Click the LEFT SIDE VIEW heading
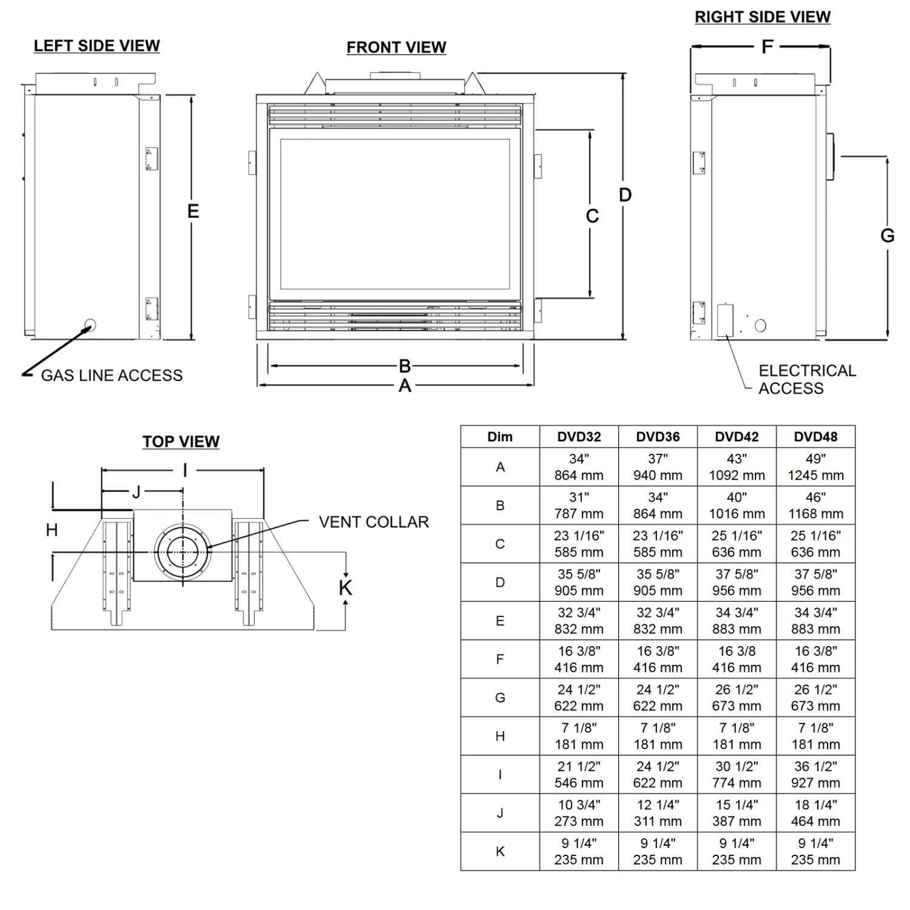[x=97, y=46]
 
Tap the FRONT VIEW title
[x=396, y=47]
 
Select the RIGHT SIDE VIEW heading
[x=763, y=17]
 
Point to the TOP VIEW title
[x=181, y=442]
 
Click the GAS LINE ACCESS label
[x=112, y=376]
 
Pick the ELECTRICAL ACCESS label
[x=807, y=379]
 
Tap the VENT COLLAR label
[x=374, y=522]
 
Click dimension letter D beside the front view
[x=625, y=195]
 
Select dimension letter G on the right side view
[x=887, y=235]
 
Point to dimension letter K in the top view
[x=345, y=587]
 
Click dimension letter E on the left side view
[x=193, y=211]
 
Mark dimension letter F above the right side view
[x=767, y=47]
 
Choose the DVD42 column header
[x=736, y=437]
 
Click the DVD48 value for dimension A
[x=816, y=467]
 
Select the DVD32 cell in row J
[x=579, y=813]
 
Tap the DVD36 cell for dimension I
[x=658, y=775]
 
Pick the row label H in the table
[x=500, y=736]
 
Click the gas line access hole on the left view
[x=90, y=325]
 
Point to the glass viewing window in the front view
[x=395, y=214]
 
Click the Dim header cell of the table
[x=500, y=437]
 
